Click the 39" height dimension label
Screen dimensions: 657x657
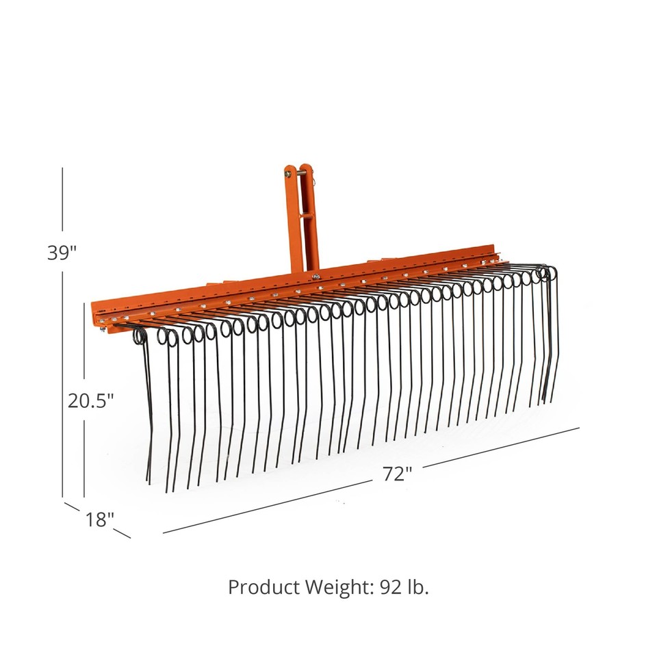(62, 252)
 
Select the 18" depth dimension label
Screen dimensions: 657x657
(100, 519)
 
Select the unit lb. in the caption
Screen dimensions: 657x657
(419, 587)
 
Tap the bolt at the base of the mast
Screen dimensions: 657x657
(315, 276)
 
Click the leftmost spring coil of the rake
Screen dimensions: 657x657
(140, 336)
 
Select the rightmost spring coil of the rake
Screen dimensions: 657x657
(547, 272)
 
